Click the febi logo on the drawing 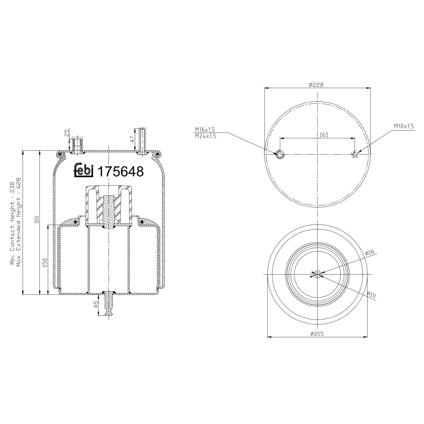coord(83,171)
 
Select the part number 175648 coord(120,171)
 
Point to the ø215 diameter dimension coord(317,334)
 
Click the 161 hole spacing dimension coord(324,135)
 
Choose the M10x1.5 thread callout coord(404,126)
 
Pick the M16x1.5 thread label coord(205,129)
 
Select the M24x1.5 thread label coord(205,136)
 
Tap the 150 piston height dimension coord(45,263)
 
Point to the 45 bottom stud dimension coord(96,304)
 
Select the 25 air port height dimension coord(67,133)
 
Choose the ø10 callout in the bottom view coord(371,295)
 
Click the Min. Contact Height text coord(12,223)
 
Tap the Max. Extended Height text coord(19,222)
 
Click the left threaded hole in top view coord(280,154)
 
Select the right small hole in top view coord(355,154)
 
